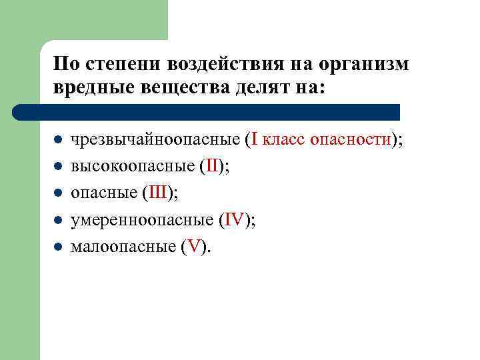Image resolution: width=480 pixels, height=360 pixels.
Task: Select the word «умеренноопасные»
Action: (142, 220)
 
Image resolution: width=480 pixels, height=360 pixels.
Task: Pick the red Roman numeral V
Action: (194, 247)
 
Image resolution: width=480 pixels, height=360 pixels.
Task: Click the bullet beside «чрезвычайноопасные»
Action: (59, 141)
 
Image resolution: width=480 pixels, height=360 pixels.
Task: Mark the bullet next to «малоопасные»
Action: (59, 247)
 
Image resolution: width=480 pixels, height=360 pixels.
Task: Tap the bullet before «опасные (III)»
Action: (59, 194)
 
